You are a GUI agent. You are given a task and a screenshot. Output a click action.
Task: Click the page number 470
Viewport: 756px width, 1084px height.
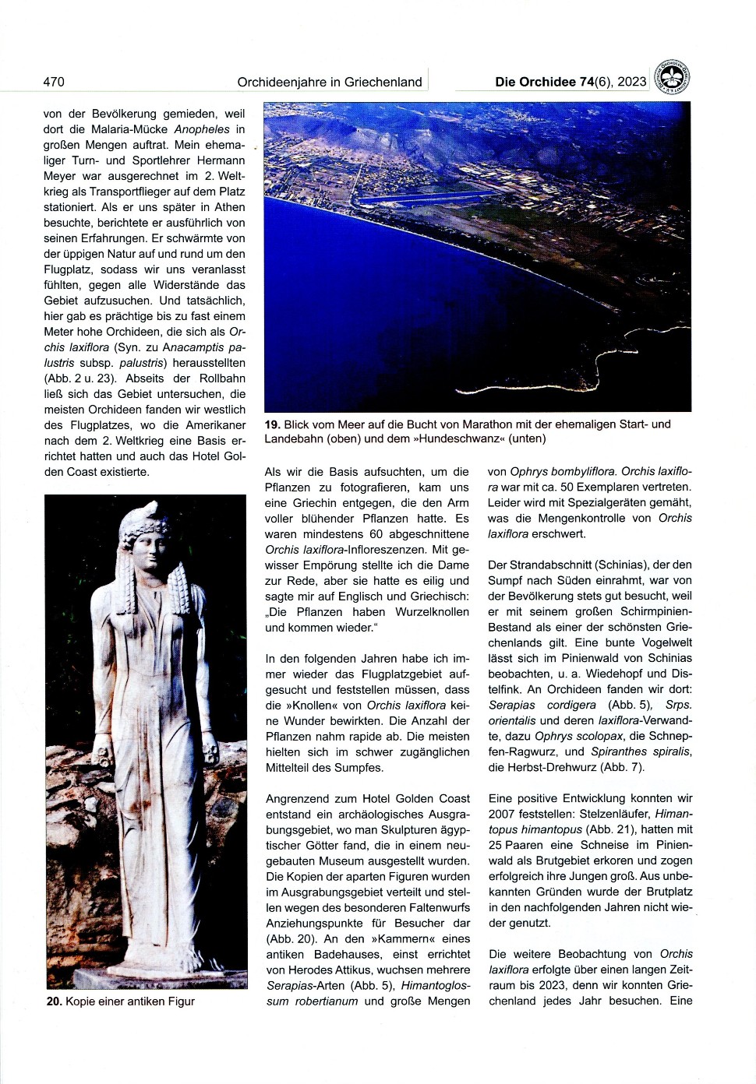(x=54, y=82)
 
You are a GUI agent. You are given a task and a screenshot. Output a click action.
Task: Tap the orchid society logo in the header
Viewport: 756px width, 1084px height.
(x=671, y=78)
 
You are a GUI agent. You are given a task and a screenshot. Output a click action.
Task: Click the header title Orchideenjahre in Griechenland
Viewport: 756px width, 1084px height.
(x=330, y=82)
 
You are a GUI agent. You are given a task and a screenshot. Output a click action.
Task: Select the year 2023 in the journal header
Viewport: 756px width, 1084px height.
(x=631, y=82)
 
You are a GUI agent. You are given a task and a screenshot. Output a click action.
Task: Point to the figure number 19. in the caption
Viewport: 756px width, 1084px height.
(x=272, y=424)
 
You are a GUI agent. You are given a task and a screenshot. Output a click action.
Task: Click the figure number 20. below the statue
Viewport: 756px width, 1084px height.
(x=54, y=1001)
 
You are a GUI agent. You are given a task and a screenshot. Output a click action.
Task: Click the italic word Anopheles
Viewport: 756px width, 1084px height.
(x=202, y=129)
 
